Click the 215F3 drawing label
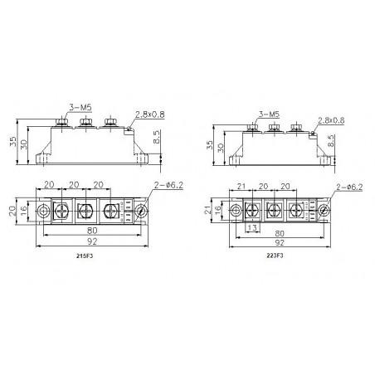(85, 256)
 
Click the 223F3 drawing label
(275, 256)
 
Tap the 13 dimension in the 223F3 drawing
(252, 228)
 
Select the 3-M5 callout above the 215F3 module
(80, 108)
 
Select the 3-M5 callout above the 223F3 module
(269, 114)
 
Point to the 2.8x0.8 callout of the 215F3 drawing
(150, 114)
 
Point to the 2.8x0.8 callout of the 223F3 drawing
(331, 120)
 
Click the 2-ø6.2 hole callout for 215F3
(168, 185)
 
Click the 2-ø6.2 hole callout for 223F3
(349, 187)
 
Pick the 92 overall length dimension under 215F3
(92, 241)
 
